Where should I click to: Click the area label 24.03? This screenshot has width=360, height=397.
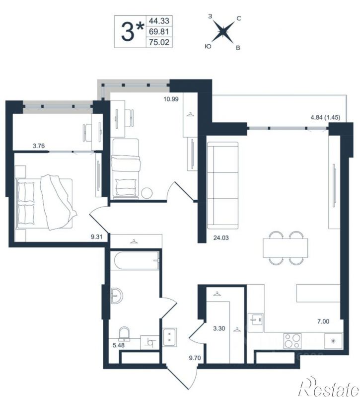[221, 238]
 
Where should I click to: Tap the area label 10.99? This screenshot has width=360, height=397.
[171, 99]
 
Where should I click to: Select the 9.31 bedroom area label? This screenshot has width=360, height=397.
[97, 237]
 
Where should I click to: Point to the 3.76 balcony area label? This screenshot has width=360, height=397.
[39, 146]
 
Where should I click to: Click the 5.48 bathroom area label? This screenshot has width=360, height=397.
[119, 345]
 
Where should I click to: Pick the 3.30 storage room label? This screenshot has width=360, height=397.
[219, 328]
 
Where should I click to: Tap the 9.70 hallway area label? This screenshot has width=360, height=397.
[195, 358]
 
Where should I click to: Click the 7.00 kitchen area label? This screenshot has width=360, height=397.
[323, 321]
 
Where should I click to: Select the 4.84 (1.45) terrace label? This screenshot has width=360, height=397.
[325, 117]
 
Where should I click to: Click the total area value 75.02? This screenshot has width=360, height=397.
[159, 42]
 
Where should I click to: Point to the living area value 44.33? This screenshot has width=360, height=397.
[159, 20]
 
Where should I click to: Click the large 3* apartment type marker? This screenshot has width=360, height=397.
[133, 31]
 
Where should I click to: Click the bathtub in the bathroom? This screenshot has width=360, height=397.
[137, 260]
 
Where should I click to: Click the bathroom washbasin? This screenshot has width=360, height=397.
[117, 296]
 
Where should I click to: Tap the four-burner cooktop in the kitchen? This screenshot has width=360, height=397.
[292, 341]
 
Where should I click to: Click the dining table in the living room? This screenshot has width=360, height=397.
[286, 248]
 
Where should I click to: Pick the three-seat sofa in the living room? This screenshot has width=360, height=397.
[222, 185]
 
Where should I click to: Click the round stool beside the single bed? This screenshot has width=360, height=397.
[147, 193]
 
